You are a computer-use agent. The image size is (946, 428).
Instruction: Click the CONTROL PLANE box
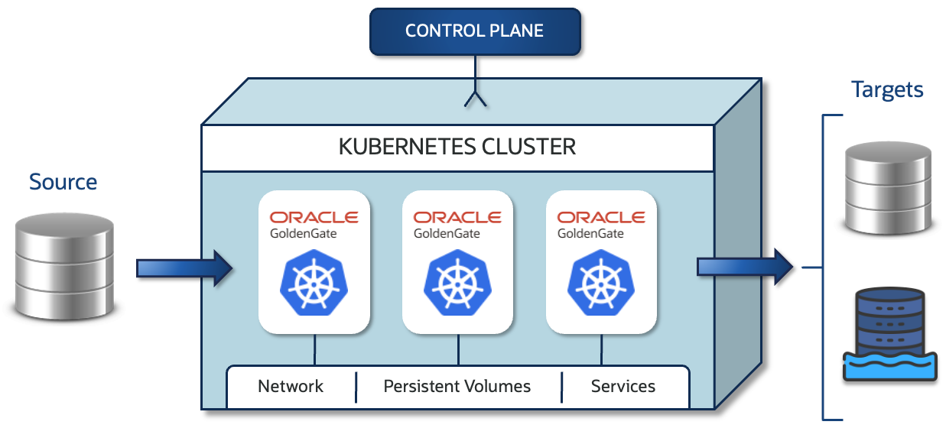pyautogui.click(x=475, y=31)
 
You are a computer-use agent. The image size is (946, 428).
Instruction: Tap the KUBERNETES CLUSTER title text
pyautogui.click(x=457, y=147)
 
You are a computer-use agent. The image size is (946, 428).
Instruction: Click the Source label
pyautogui.click(x=63, y=182)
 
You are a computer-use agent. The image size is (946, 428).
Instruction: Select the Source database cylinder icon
pyautogui.click(x=63, y=267)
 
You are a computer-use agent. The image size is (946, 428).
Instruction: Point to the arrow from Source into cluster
pyautogui.click(x=184, y=267)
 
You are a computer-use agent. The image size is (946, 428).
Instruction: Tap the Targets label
pyautogui.click(x=887, y=90)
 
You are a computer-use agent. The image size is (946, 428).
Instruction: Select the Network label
pyautogui.click(x=291, y=386)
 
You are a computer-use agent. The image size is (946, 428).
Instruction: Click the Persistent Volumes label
pyautogui.click(x=457, y=386)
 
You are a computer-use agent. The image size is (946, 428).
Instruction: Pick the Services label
pyautogui.click(x=623, y=386)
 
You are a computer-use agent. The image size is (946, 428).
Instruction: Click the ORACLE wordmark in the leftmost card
pyautogui.click(x=314, y=218)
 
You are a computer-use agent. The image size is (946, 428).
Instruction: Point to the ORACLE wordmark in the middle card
pyautogui.click(x=458, y=218)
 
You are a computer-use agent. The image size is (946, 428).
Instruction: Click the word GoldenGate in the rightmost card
pyautogui.click(x=590, y=234)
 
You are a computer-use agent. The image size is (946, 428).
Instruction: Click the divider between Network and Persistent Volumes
pyautogui.click(x=356, y=387)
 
